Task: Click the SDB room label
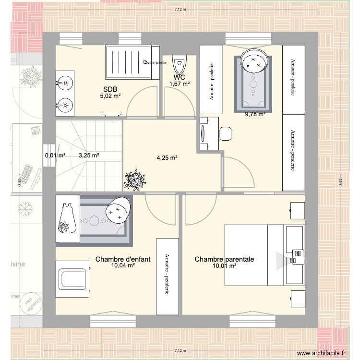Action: pos(110,89)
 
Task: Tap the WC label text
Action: pos(180,77)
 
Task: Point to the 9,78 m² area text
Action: pos(255,114)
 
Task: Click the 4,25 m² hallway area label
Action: pos(168,157)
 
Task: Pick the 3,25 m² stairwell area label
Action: pos(89,156)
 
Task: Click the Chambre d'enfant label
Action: pos(123,259)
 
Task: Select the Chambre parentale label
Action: pos(224,259)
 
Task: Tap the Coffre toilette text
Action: pos(154,63)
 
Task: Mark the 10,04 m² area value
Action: pos(123,265)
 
